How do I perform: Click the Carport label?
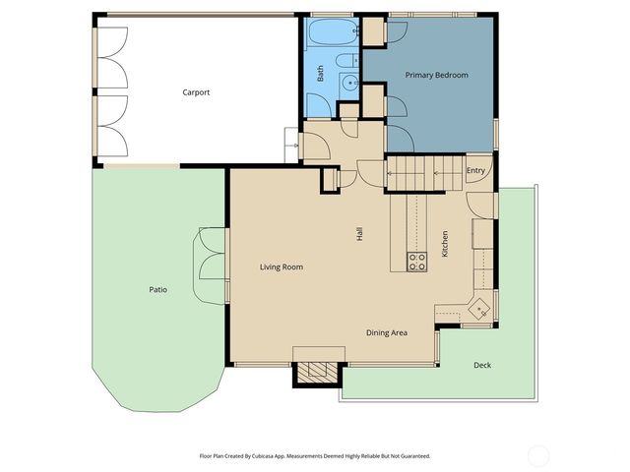point(196,92)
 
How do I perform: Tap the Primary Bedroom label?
point(436,75)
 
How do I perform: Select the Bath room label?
point(320,74)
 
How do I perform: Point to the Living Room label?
point(282,266)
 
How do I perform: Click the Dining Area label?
point(387,332)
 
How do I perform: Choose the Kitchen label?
point(445,244)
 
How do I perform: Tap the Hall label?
point(359,234)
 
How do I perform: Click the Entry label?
point(475,170)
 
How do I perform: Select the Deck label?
point(482,365)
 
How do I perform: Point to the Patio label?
point(157,289)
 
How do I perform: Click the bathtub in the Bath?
point(333,31)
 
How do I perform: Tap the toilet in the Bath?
point(347,61)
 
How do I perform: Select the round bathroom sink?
point(349,83)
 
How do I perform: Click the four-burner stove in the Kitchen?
point(416,263)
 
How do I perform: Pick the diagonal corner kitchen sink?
point(479,308)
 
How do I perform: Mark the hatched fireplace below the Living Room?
point(317,373)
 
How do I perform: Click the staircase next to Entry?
point(426,173)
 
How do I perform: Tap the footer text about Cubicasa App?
point(315,456)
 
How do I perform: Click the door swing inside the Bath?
point(319,105)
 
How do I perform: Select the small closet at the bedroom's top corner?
point(374,30)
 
